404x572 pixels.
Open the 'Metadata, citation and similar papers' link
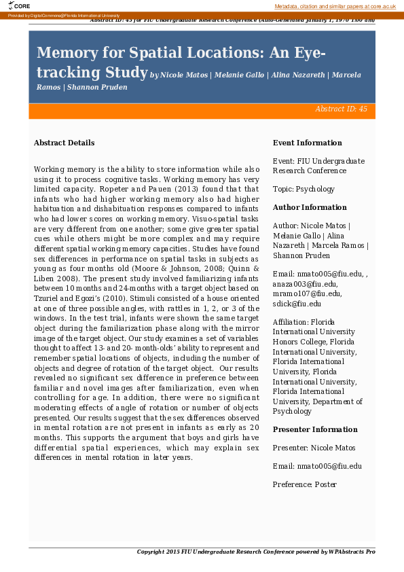[x=335, y=6]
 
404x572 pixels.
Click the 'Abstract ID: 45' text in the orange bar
[x=341, y=109]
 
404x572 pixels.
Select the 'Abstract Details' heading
[x=64, y=143]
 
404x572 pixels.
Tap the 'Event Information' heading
[x=307, y=143]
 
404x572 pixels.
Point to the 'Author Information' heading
[x=309, y=207]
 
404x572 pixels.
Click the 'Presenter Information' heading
[x=314, y=429]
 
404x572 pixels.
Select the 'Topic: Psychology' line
[x=304, y=189]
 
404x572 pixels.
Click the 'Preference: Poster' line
[x=304, y=484]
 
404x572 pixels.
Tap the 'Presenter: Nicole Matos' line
[x=313, y=448]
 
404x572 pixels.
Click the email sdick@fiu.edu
[x=296, y=303]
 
